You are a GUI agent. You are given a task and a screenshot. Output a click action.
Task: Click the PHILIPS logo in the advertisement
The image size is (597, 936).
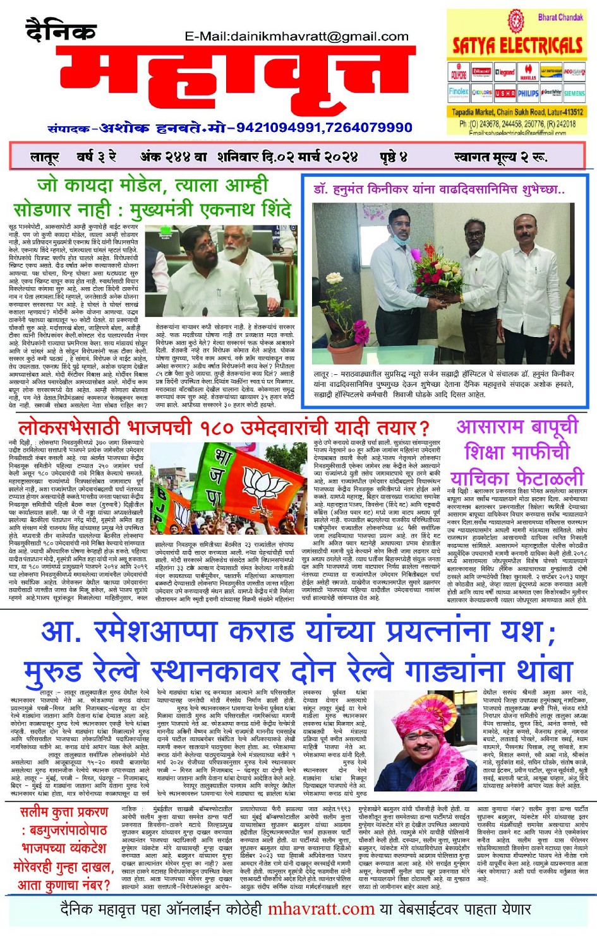(528, 93)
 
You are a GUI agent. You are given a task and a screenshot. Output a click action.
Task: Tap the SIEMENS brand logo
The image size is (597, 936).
(574, 93)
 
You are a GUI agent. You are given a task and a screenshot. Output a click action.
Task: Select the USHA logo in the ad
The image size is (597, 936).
(505, 93)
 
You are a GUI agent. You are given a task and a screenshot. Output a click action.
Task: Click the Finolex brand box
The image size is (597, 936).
(459, 92)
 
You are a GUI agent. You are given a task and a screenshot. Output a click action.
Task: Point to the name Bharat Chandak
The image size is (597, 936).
(560, 18)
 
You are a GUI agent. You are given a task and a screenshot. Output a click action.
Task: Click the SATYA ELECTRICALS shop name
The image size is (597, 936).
(517, 45)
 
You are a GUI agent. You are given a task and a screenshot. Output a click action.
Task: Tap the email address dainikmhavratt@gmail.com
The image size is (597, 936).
(297, 37)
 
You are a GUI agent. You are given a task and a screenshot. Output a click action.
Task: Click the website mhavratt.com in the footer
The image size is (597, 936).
(321, 909)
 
